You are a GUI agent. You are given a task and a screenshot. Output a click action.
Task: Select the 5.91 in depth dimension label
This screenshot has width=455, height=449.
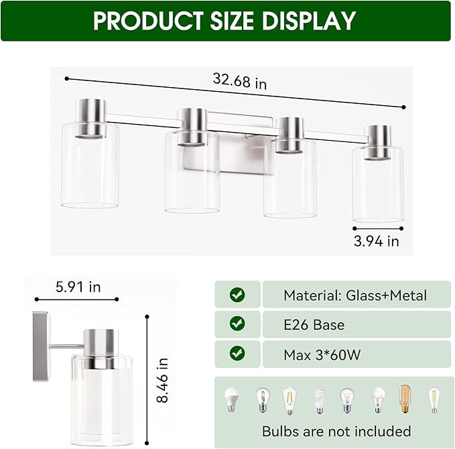click(x=78, y=287)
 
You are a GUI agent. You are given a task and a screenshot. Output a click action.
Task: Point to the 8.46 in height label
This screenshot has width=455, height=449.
click(x=163, y=380)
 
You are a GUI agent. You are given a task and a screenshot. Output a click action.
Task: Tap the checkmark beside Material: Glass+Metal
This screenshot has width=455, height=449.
click(x=237, y=295)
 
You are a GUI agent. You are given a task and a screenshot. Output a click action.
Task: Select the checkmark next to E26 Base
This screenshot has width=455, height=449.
click(x=237, y=324)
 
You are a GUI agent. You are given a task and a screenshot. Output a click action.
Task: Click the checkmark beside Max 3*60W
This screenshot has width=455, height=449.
click(x=237, y=354)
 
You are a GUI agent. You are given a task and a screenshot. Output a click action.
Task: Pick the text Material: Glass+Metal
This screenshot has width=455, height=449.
click(x=354, y=295)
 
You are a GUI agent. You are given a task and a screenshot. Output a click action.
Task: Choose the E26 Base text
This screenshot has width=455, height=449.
click(x=314, y=324)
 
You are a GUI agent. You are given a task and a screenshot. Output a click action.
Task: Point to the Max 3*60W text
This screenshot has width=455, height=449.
click(x=322, y=355)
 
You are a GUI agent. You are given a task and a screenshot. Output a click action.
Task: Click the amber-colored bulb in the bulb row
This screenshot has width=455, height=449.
click(x=405, y=400)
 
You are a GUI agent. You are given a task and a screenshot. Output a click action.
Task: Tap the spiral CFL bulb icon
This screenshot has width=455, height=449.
click(x=319, y=400)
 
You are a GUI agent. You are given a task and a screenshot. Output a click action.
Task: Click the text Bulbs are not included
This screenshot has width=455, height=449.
click(x=336, y=431)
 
